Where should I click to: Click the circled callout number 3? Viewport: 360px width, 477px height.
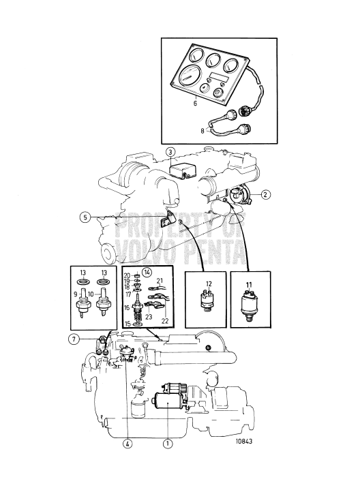(170, 151)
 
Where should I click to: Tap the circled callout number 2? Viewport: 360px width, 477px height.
(265, 194)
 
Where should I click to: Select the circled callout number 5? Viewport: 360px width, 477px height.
(85, 217)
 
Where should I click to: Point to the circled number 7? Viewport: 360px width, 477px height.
(74, 339)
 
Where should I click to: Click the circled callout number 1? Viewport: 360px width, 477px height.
(167, 443)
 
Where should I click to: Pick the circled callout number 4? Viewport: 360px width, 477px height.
(127, 443)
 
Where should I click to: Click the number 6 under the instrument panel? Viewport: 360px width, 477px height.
(195, 103)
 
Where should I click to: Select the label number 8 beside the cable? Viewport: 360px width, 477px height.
(202, 132)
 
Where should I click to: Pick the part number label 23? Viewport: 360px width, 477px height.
(149, 317)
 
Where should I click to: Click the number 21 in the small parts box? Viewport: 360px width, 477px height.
(160, 281)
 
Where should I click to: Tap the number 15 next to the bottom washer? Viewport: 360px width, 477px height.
(127, 324)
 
